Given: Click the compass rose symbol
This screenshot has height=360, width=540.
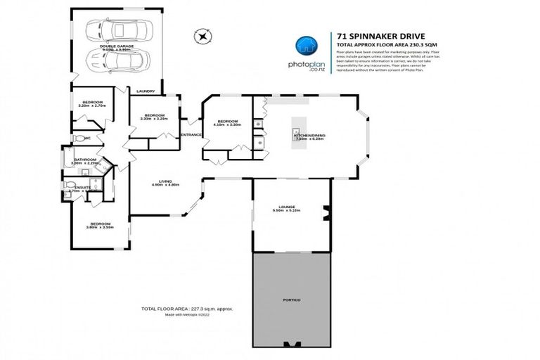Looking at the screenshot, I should (202, 34).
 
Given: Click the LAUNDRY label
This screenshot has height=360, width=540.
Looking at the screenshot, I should (146, 91).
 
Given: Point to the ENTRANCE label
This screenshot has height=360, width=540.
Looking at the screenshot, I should (191, 134).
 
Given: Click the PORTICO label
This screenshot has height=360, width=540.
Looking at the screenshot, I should (292, 301).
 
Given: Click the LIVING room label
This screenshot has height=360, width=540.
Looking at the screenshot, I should (165, 181).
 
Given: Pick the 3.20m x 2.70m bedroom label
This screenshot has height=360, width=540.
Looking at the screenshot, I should (92, 103).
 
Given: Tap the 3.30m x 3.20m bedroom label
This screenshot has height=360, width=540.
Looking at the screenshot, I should (154, 116).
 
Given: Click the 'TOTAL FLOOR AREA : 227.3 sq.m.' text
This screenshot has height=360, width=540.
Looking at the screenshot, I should (186, 309).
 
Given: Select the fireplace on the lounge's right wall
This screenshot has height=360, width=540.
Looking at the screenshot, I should (325, 210).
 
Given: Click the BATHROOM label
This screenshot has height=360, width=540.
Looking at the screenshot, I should (85, 160).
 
